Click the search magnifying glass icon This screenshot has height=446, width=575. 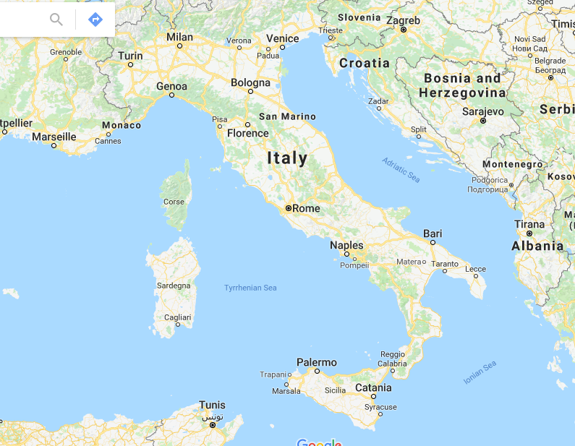(56, 20)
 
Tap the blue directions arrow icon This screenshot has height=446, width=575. (95, 20)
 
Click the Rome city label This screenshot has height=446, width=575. (306, 208)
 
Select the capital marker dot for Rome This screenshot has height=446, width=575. (289, 208)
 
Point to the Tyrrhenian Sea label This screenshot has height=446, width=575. (250, 288)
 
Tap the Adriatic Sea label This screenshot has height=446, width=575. (401, 170)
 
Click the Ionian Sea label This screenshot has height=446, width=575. (480, 372)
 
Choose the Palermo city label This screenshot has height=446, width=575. (317, 361)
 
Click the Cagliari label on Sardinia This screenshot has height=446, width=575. (177, 317)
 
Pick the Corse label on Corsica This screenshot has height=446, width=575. (174, 202)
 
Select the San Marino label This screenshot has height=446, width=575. (287, 116)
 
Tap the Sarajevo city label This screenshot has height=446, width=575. (482, 111)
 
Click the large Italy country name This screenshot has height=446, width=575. (287, 158)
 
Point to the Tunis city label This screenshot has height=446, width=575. (212, 406)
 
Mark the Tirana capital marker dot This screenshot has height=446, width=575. (529, 233)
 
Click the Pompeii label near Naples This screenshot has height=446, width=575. (354, 265)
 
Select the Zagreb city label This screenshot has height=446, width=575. (403, 20)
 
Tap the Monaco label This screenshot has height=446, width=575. (122, 125)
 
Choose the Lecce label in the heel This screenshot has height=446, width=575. (475, 269)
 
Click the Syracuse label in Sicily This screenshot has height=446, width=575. (380, 407)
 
